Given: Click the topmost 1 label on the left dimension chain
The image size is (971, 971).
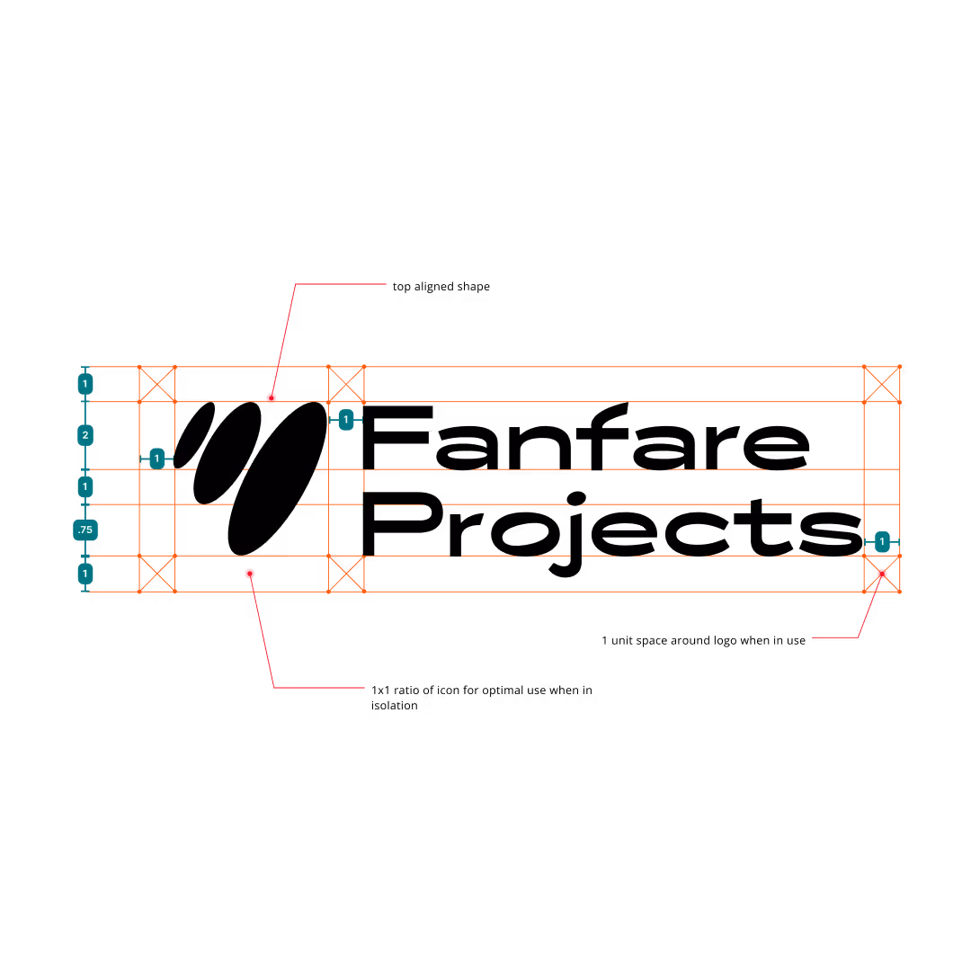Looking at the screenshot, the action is [x=85, y=384].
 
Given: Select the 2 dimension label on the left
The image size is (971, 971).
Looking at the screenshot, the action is [x=85, y=435].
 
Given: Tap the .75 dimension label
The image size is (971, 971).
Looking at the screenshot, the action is [x=85, y=530].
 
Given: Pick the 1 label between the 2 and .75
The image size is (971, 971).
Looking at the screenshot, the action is [x=85, y=486].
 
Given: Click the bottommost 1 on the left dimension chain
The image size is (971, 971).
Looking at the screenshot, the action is [x=85, y=573].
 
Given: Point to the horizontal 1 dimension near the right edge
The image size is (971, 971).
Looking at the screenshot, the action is [x=882, y=541].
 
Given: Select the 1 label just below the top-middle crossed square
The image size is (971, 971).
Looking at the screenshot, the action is [x=346, y=419].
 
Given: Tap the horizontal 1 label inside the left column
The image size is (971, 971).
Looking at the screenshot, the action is [x=156, y=459].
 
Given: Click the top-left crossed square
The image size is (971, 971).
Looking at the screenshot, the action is [x=157, y=384].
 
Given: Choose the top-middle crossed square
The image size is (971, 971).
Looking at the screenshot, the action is [x=346, y=384].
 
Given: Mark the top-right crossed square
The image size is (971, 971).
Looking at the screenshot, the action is [x=882, y=384].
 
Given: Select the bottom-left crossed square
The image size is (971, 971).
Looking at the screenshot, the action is [x=157, y=574].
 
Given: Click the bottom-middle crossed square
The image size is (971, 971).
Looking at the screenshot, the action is [x=346, y=574].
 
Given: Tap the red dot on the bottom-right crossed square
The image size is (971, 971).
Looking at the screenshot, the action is [x=882, y=574].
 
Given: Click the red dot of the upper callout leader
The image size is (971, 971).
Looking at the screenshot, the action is [x=272, y=397].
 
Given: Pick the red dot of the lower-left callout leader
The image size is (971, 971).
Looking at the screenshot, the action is [x=250, y=574].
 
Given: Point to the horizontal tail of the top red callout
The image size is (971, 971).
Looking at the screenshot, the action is [x=342, y=284].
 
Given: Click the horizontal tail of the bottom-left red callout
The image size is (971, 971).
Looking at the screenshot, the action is [x=319, y=688].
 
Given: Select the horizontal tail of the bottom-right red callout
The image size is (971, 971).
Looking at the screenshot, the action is [x=835, y=637].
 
